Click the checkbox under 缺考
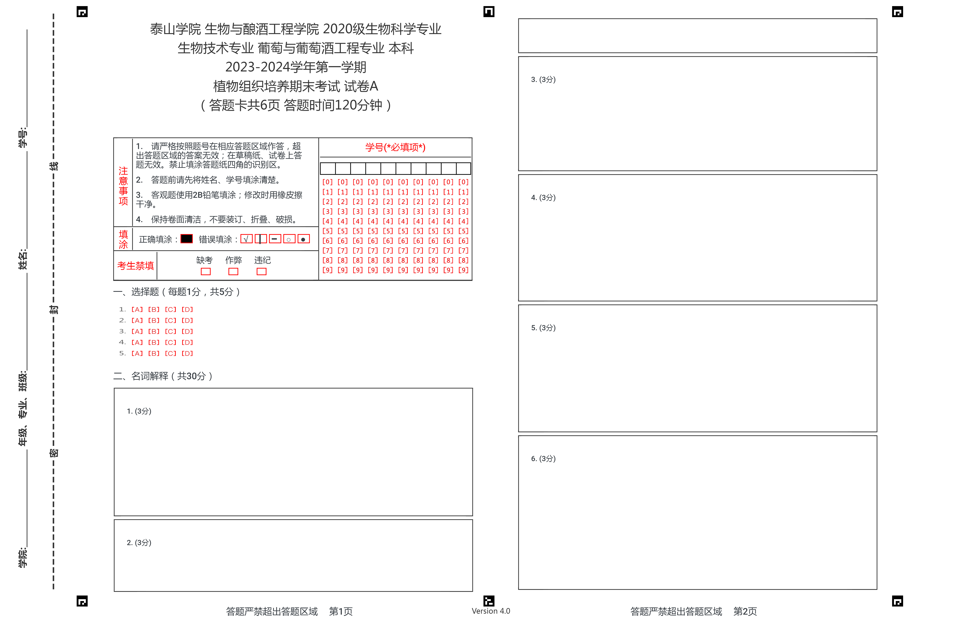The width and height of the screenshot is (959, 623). pos(206,272)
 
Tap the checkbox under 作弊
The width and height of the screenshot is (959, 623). pos(233,272)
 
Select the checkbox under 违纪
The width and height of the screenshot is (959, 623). pos(261,272)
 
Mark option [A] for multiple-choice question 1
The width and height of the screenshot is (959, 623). pos(137,310)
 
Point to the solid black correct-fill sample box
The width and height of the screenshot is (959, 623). pos(187,239)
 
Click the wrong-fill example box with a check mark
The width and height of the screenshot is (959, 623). pos(246,239)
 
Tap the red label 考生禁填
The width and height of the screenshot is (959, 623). pos(135,266)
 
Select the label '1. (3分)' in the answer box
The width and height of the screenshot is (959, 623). pos(139,411)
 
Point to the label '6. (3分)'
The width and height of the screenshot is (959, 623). pos(543,459)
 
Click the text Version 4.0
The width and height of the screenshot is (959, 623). pos(491,611)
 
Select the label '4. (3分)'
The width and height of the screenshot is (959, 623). pos(543,197)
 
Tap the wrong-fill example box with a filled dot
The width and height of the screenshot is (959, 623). pos(303,239)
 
